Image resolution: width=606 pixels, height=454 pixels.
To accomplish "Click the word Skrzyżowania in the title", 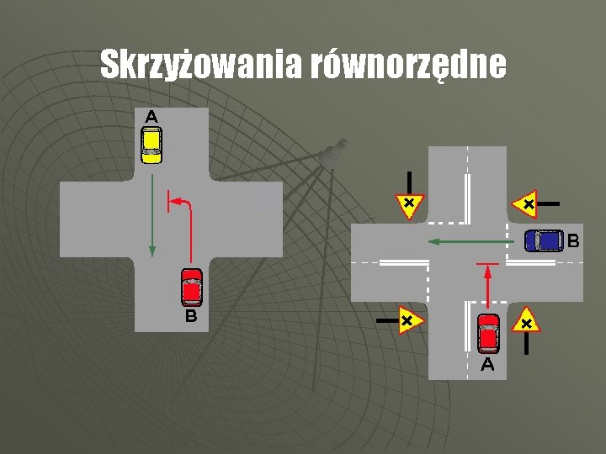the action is coord(202,64).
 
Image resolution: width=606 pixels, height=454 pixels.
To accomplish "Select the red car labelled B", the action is coord(193,287).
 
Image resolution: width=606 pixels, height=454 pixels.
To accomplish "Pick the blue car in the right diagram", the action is coord(544,240).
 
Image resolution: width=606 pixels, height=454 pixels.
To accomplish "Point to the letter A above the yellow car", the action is coord(151,116).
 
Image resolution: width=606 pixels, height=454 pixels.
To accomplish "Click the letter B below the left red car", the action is coord(192,316).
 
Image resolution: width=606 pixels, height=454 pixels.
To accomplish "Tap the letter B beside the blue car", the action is coord(573,241).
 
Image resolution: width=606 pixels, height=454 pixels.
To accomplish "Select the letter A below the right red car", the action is coord(487,365).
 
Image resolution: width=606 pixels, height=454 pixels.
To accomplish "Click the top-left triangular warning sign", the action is coord(408,204).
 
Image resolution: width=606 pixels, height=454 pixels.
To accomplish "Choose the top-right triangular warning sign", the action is coord(525,203).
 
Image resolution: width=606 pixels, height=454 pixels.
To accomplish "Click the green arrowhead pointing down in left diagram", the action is coord(152,249).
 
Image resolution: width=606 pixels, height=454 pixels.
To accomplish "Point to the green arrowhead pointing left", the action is coord(432,241).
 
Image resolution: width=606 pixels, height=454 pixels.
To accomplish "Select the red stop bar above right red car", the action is coord(488,265).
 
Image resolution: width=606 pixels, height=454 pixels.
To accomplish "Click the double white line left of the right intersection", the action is coord(404,263).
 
